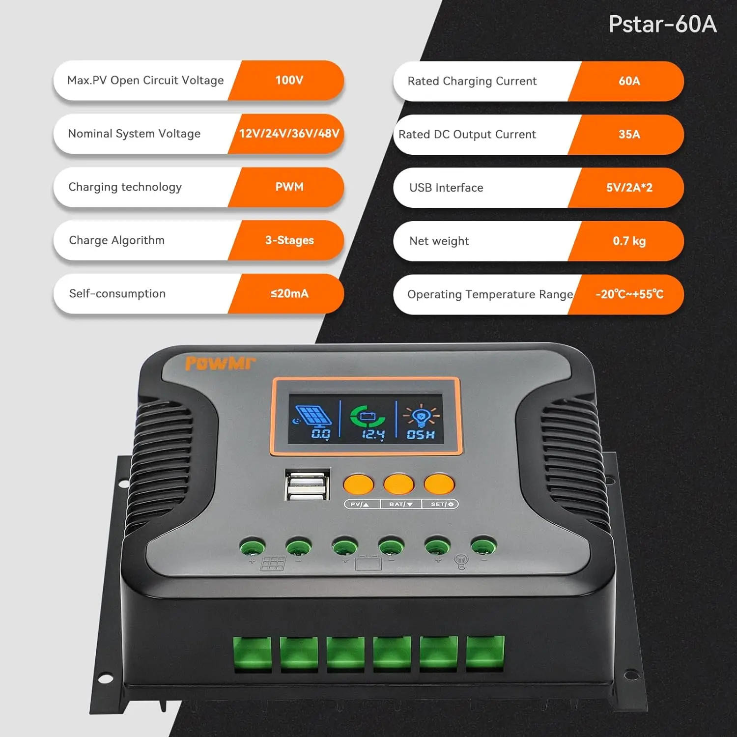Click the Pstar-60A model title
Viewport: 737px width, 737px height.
click(662, 24)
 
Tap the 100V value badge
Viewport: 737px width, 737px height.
click(289, 80)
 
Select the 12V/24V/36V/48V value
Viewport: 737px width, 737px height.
click(289, 134)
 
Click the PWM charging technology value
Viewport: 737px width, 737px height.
click(289, 187)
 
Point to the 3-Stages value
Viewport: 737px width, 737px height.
click(289, 240)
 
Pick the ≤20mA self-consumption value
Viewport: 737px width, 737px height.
click(289, 293)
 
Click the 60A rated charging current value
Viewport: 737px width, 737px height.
click(629, 81)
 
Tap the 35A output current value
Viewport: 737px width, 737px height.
click(629, 134)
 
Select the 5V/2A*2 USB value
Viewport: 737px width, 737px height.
click(629, 188)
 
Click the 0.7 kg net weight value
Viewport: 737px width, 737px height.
click(629, 241)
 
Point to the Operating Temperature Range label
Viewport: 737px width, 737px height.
click(490, 294)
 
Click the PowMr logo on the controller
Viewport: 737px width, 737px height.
click(220, 364)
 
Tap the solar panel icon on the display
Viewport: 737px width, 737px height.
click(312, 416)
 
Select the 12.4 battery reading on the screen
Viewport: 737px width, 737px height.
click(373, 434)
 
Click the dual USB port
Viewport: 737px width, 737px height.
click(307, 485)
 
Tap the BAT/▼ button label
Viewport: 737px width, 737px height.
click(401, 504)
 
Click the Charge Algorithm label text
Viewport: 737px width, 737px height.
click(117, 240)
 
